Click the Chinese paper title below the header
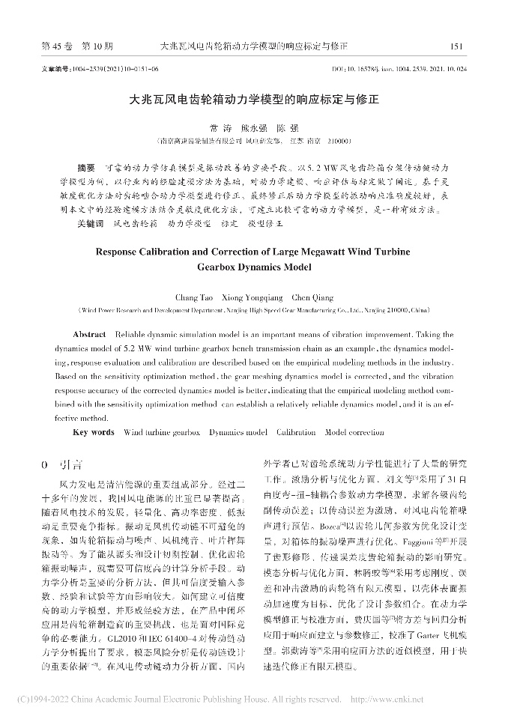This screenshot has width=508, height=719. click(x=254, y=98)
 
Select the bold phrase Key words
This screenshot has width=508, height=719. click(x=94, y=432)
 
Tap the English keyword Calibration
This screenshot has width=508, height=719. click(x=296, y=432)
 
